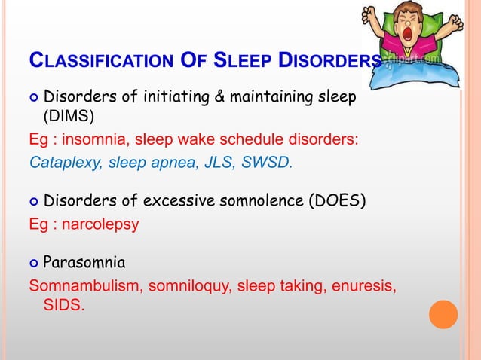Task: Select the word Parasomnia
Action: click(84, 264)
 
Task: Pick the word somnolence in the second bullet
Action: click(259, 201)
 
